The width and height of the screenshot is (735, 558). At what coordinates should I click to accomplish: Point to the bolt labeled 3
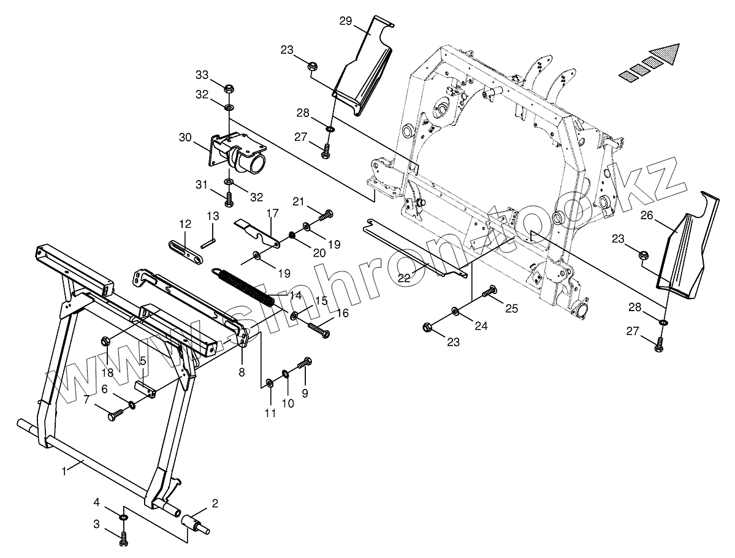pos(124,539)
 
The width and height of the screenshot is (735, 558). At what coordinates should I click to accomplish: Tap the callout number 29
pos(345,21)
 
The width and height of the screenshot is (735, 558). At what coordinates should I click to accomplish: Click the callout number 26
pos(646,215)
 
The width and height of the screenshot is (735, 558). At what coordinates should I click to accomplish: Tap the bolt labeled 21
pos(326,216)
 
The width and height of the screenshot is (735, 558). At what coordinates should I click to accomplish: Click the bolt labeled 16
pos(318,330)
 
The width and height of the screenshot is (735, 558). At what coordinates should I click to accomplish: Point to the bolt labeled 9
pos(305,363)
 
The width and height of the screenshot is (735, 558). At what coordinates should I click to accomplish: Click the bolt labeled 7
pos(115,415)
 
